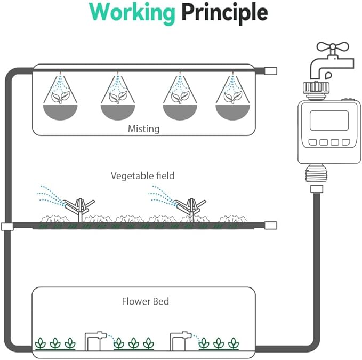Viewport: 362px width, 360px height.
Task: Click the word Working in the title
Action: pos(132,12)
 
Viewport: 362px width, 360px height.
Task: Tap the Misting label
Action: pos(143,129)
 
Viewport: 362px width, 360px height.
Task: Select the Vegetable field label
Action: pos(142,175)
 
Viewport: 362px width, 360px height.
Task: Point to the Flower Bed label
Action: pos(145,301)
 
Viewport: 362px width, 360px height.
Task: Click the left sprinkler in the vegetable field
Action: pos(79,207)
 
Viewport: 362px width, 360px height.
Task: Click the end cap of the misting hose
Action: pos(270,70)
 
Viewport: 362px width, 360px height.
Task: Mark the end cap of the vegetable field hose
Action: pos(270,225)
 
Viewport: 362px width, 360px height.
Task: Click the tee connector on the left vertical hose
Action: pos(7,226)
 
